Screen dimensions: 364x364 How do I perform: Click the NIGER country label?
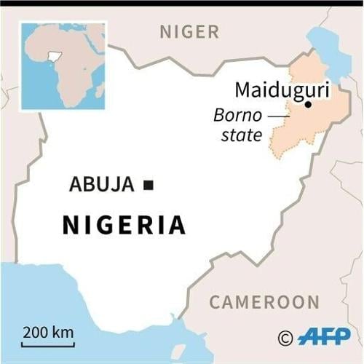(x=189, y=31)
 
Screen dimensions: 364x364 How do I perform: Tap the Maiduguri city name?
(x=282, y=91)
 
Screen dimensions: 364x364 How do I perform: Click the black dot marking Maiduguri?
(x=308, y=105)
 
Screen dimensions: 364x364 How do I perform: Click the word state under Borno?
(x=241, y=134)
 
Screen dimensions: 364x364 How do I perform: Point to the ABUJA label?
(x=102, y=184)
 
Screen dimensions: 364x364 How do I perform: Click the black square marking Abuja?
(x=149, y=185)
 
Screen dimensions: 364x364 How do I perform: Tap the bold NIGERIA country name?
(x=124, y=225)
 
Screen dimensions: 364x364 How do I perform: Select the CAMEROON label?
(x=264, y=302)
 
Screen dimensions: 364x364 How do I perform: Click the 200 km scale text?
(x=47, y=332)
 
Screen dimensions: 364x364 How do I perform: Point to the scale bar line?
(x=48, y=344)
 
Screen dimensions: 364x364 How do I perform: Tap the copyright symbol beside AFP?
(x=285, y=337)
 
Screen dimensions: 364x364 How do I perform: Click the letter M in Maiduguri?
(x=243, y=91)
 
